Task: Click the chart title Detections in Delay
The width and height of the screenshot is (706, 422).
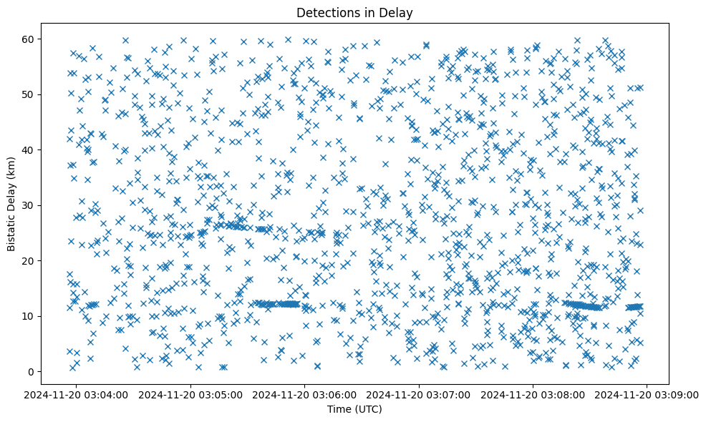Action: [354, 12]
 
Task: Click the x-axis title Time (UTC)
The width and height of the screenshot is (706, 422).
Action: [354, 409]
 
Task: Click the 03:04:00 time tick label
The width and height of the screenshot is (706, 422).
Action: [77, 394]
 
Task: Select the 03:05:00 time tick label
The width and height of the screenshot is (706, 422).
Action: [191, 394]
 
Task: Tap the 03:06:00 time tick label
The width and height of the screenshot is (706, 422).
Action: [305, 394]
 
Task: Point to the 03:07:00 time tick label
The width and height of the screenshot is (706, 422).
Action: [419, 394]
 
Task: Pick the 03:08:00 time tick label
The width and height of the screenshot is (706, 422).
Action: [533, 394]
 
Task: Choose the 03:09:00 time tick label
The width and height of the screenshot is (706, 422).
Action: [647, 394]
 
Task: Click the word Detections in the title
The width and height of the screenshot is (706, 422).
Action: [327, 12]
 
